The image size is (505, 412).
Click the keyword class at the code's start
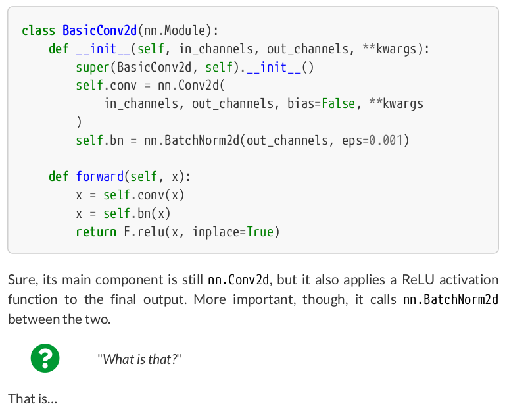39,30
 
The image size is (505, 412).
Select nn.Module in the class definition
176,30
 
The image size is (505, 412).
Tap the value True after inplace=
260,232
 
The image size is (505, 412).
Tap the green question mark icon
45,359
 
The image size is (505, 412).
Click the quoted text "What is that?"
139,359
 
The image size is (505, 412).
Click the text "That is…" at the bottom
32,398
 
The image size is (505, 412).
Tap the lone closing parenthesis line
79,122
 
